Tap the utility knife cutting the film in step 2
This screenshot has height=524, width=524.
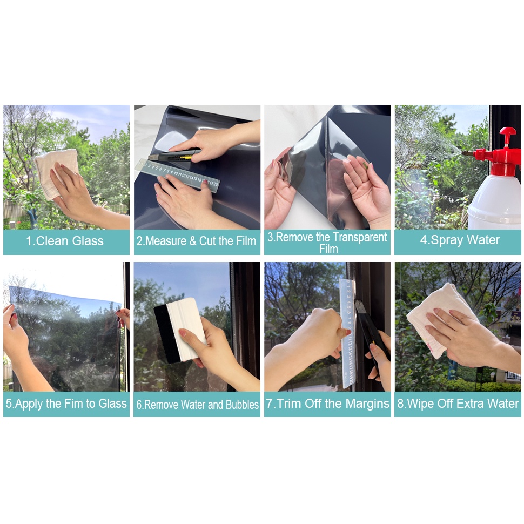174,154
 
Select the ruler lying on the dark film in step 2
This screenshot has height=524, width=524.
178,175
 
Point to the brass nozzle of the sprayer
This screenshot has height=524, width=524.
468,153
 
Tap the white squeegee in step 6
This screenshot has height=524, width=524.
185,329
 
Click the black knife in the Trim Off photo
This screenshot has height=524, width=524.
372,331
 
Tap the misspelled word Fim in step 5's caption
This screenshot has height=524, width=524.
74,404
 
